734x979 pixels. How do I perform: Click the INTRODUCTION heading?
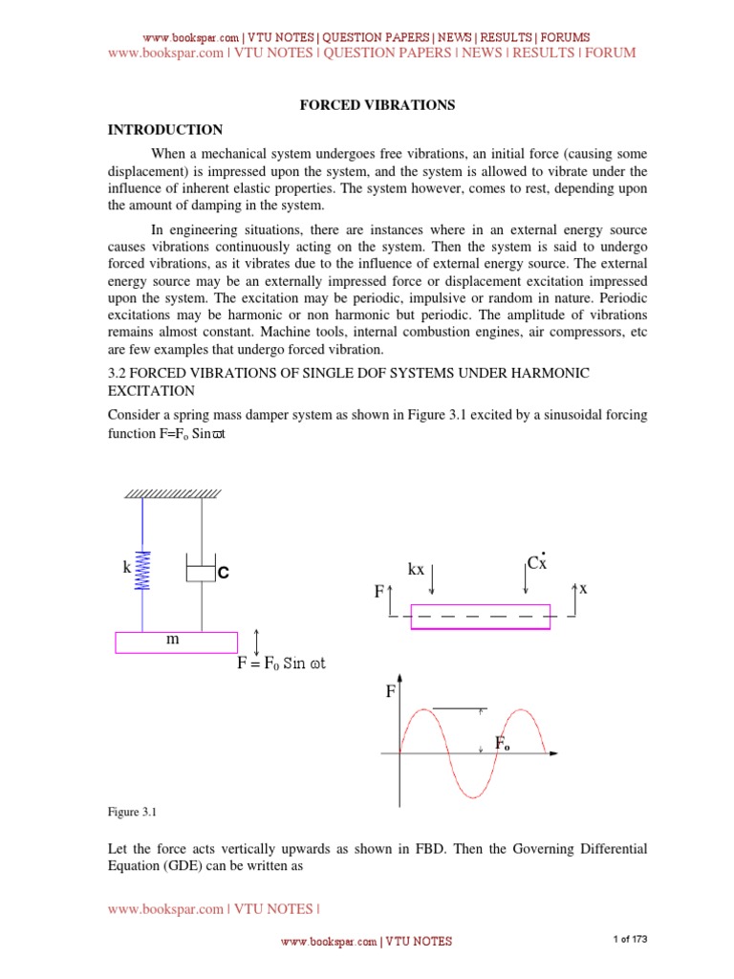[x=164, y=130]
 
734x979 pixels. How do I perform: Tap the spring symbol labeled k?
[x=142, y=572]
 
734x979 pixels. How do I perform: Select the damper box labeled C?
[x=201, y=573]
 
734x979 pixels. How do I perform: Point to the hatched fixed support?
[x=172, y=494]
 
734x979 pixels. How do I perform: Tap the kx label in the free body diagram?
[x=416, y=570]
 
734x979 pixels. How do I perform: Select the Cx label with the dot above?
[x=537, y=564]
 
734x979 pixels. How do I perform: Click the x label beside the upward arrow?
[x=581, y=590]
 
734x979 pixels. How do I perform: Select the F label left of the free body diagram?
[x=378, y=593]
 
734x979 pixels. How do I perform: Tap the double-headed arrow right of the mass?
[x=256, y=641]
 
